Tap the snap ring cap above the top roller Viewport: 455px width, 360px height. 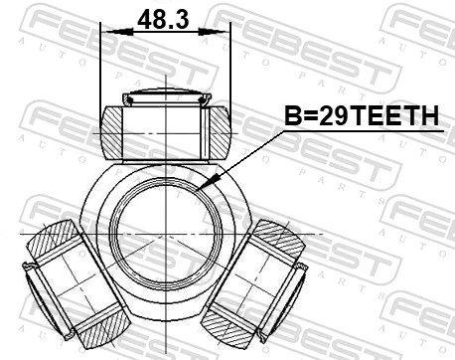pyautogui.click(x=165, y=97)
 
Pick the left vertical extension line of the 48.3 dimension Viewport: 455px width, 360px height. pyautogui.click(x=102, y=70)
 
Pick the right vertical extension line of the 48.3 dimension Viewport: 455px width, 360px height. pyautogui.click(x=229, y=70)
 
